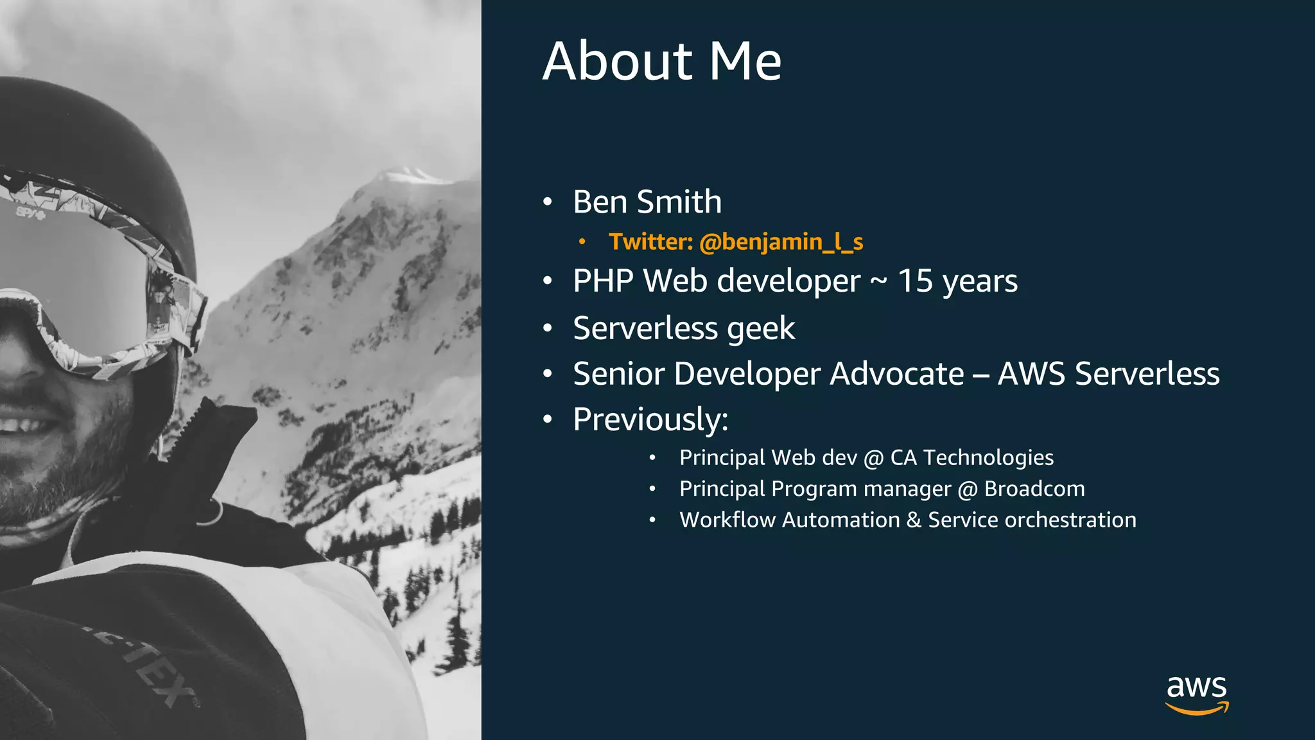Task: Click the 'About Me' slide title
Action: coord(662,61)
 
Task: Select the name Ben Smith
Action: coord(647,202)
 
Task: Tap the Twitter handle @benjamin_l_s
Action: coord(781,242)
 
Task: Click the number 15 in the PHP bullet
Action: coord(915,281)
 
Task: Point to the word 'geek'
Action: coord(761,329)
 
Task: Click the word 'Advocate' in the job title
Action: coord(896,374)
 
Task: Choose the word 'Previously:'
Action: coord(650,419)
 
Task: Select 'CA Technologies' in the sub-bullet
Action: coord(971,457)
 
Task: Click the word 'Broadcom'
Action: coord(1034,489)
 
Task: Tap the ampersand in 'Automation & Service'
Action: coord(914,520)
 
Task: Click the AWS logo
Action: coord(1197,694)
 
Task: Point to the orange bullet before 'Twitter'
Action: coord(582,242)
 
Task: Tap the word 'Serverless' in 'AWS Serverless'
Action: coord(1147,374)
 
